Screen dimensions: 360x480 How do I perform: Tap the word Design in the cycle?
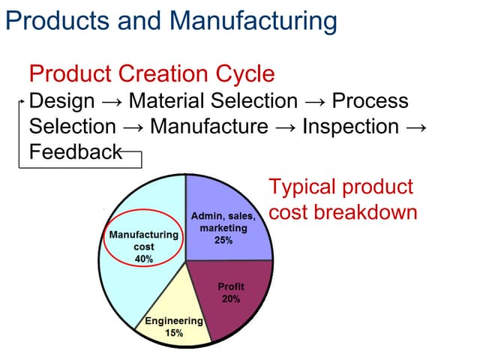61,100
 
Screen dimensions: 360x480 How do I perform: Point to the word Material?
161,100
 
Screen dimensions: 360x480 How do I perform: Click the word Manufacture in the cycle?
209,126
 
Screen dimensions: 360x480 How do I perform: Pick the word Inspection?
350,126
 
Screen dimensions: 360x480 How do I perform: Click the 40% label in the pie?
143,259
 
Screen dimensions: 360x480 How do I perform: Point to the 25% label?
223,241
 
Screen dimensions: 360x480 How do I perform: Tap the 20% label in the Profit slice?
231,298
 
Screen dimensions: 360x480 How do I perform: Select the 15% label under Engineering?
174,333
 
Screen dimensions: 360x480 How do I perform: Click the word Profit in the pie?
231,287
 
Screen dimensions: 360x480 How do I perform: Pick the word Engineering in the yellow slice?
174,322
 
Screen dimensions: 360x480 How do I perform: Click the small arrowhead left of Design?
22,100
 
